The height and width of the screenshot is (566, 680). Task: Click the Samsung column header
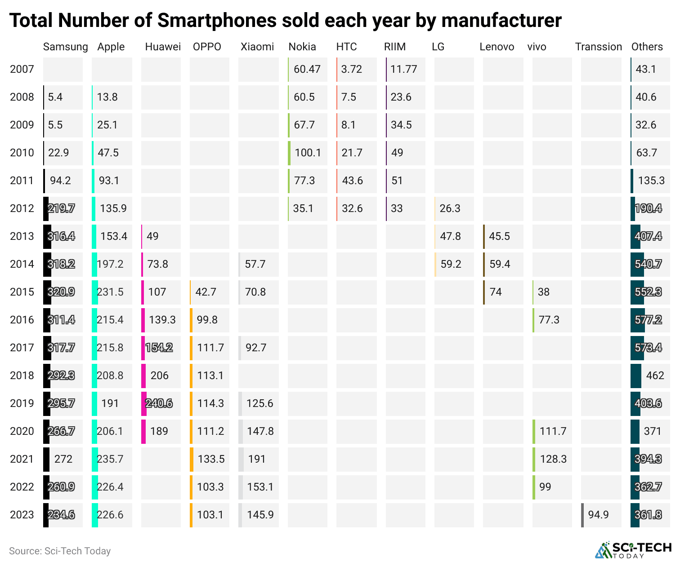coord(65,47)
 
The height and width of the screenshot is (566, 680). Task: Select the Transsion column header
coord(598,47)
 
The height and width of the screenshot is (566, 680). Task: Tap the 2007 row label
coord(22,69)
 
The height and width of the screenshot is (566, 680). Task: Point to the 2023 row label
coord(22,515)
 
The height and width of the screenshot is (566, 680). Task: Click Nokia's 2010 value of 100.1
coord(308,153)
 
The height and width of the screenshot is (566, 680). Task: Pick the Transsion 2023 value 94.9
coord(598,515)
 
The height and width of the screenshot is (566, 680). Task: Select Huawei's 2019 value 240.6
coord(159,403)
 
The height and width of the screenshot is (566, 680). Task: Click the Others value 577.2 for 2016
coord(648,320)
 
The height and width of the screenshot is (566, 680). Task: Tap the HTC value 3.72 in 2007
coord(351,69)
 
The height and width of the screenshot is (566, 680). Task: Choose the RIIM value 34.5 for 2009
coord(401,125)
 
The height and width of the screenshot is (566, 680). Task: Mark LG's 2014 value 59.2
coord(451,264)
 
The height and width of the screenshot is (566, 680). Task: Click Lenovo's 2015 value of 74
coord(496,292)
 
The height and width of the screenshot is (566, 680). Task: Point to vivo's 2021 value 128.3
coord(553,459)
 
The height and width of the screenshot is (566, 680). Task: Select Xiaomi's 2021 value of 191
coord(257,459)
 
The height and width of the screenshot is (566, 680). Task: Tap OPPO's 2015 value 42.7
coord(206,292)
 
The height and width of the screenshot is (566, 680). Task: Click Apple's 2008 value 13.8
coord(107,97)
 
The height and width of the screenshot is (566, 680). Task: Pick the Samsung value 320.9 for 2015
coord(61,292)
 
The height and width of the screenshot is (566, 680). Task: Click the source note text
coord(60,551)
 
